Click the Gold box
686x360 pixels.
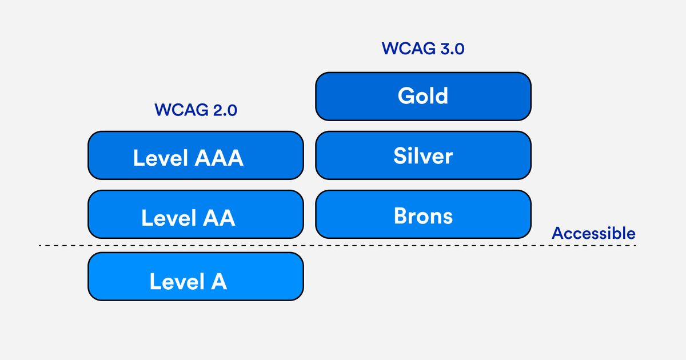click(x=423, y=97)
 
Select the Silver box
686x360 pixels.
click(x=423, y=155)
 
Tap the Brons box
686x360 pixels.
click(x=423, y=214)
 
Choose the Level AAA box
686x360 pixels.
click(x=196, y=155)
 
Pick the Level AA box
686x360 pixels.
click(x=196, y=214)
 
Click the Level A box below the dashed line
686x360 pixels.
click(x=196, y=277)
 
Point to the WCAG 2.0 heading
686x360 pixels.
click(x=196, y=110)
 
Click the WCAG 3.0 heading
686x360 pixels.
click(x=423, y=49)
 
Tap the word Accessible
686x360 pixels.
click(x=593, y=233)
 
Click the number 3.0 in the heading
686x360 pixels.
click(x=452, y=49)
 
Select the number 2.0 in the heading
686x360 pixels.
click(x=225, y=110)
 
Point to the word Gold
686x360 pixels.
click(x=423, y=95)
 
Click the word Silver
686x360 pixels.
click(x=423, y=155)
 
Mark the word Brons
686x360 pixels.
click(x=423, y=216)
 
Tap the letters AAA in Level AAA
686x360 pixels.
click(x=220, y=158)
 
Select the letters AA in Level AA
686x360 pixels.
click(x=220, y=218)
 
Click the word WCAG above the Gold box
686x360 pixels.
click(x=409, y=49)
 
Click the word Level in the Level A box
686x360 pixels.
click(x=177, y=281)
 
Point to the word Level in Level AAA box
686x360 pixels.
click(x=161, y=158)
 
